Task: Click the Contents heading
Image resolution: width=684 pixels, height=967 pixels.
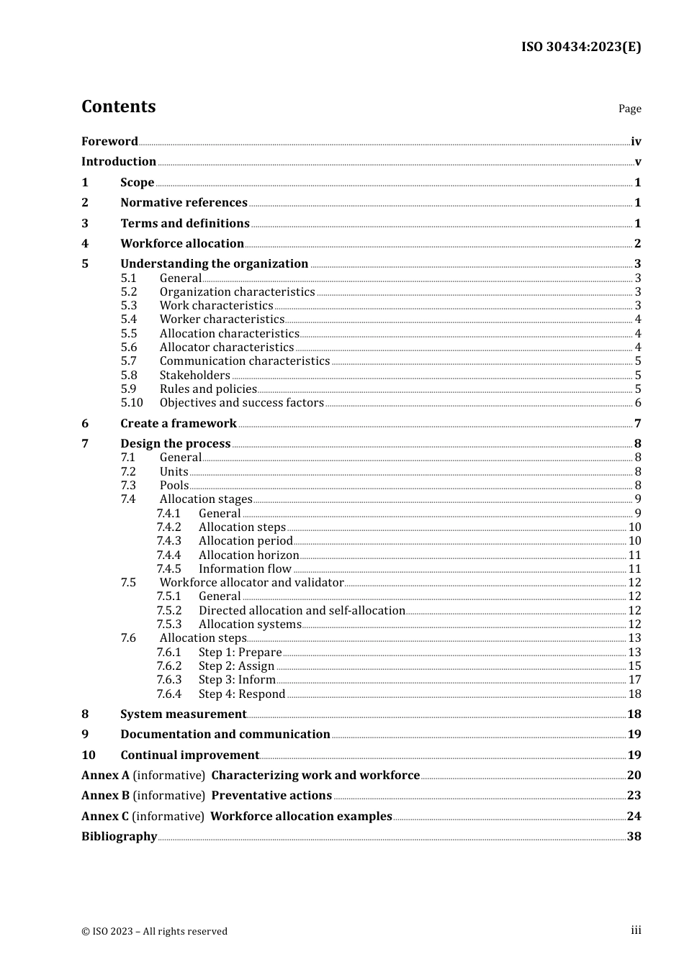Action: pos(118,106)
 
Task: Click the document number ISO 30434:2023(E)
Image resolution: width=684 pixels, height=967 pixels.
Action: pos(580,47)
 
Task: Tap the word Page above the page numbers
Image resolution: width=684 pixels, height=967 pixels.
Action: pos(629,109)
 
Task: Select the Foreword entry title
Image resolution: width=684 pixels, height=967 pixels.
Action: pos(109,142)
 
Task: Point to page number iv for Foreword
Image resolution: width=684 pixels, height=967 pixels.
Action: pos(636,142)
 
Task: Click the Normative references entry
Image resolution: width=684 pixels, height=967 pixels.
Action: pos(184,203)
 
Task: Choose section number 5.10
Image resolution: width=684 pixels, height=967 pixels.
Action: pos(132,403)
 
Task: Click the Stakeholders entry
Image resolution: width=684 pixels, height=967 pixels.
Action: pos(194,375)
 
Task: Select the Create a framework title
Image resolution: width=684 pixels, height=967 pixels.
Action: pos(179,424)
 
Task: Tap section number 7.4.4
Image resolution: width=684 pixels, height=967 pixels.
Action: pos(168,555)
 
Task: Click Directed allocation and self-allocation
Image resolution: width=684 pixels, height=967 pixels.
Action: pos(302,611)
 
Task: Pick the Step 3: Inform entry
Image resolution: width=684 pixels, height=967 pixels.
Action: pos(237,680)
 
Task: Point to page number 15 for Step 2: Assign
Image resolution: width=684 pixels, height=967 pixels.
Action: pos(634,666)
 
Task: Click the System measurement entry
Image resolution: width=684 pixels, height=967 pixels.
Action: pos(183,714)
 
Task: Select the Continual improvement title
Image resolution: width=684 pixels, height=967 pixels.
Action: pos(189,755)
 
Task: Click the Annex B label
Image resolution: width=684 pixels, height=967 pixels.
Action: pos(105,796)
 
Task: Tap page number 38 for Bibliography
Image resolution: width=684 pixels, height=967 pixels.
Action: pos(634,837)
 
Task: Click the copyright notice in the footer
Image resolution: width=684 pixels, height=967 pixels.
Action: pos(154,932)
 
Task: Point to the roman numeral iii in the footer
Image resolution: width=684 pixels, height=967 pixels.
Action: pos(636,930)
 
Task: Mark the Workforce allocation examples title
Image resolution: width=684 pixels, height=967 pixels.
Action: pos(301,817)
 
